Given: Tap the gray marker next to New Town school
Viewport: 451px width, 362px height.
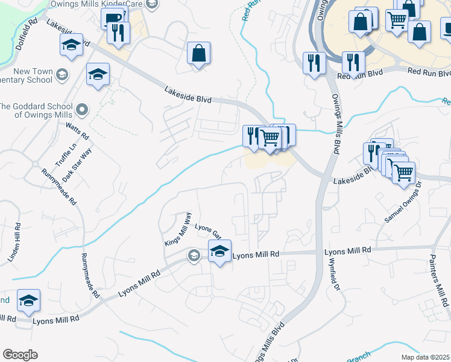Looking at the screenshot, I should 61,75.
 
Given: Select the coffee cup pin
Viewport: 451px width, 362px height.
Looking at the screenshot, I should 112,18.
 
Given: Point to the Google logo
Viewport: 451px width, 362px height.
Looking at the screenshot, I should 20,354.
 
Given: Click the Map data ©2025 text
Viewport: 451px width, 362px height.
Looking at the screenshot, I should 424,357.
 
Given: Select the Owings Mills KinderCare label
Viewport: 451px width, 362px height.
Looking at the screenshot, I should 106,4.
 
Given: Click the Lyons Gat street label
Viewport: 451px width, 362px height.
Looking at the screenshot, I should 208,232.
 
